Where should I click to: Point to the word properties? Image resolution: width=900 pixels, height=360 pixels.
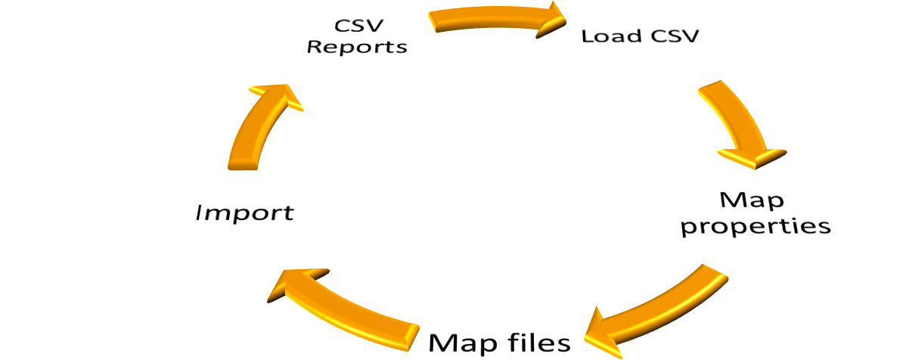coord(756,225)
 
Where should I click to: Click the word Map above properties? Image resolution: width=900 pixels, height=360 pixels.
coord(752,200)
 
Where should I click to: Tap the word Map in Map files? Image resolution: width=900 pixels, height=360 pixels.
coord(464,343)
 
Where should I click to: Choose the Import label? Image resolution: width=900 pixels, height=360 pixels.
coord(244,213)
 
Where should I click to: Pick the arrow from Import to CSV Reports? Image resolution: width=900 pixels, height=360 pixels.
coord(254,129)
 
